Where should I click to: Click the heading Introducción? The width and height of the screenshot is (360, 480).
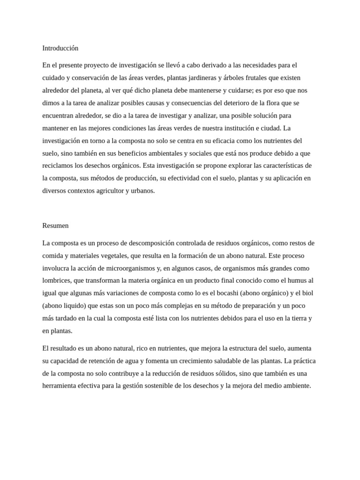[60, 48]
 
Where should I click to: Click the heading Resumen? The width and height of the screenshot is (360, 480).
[55, 225]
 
